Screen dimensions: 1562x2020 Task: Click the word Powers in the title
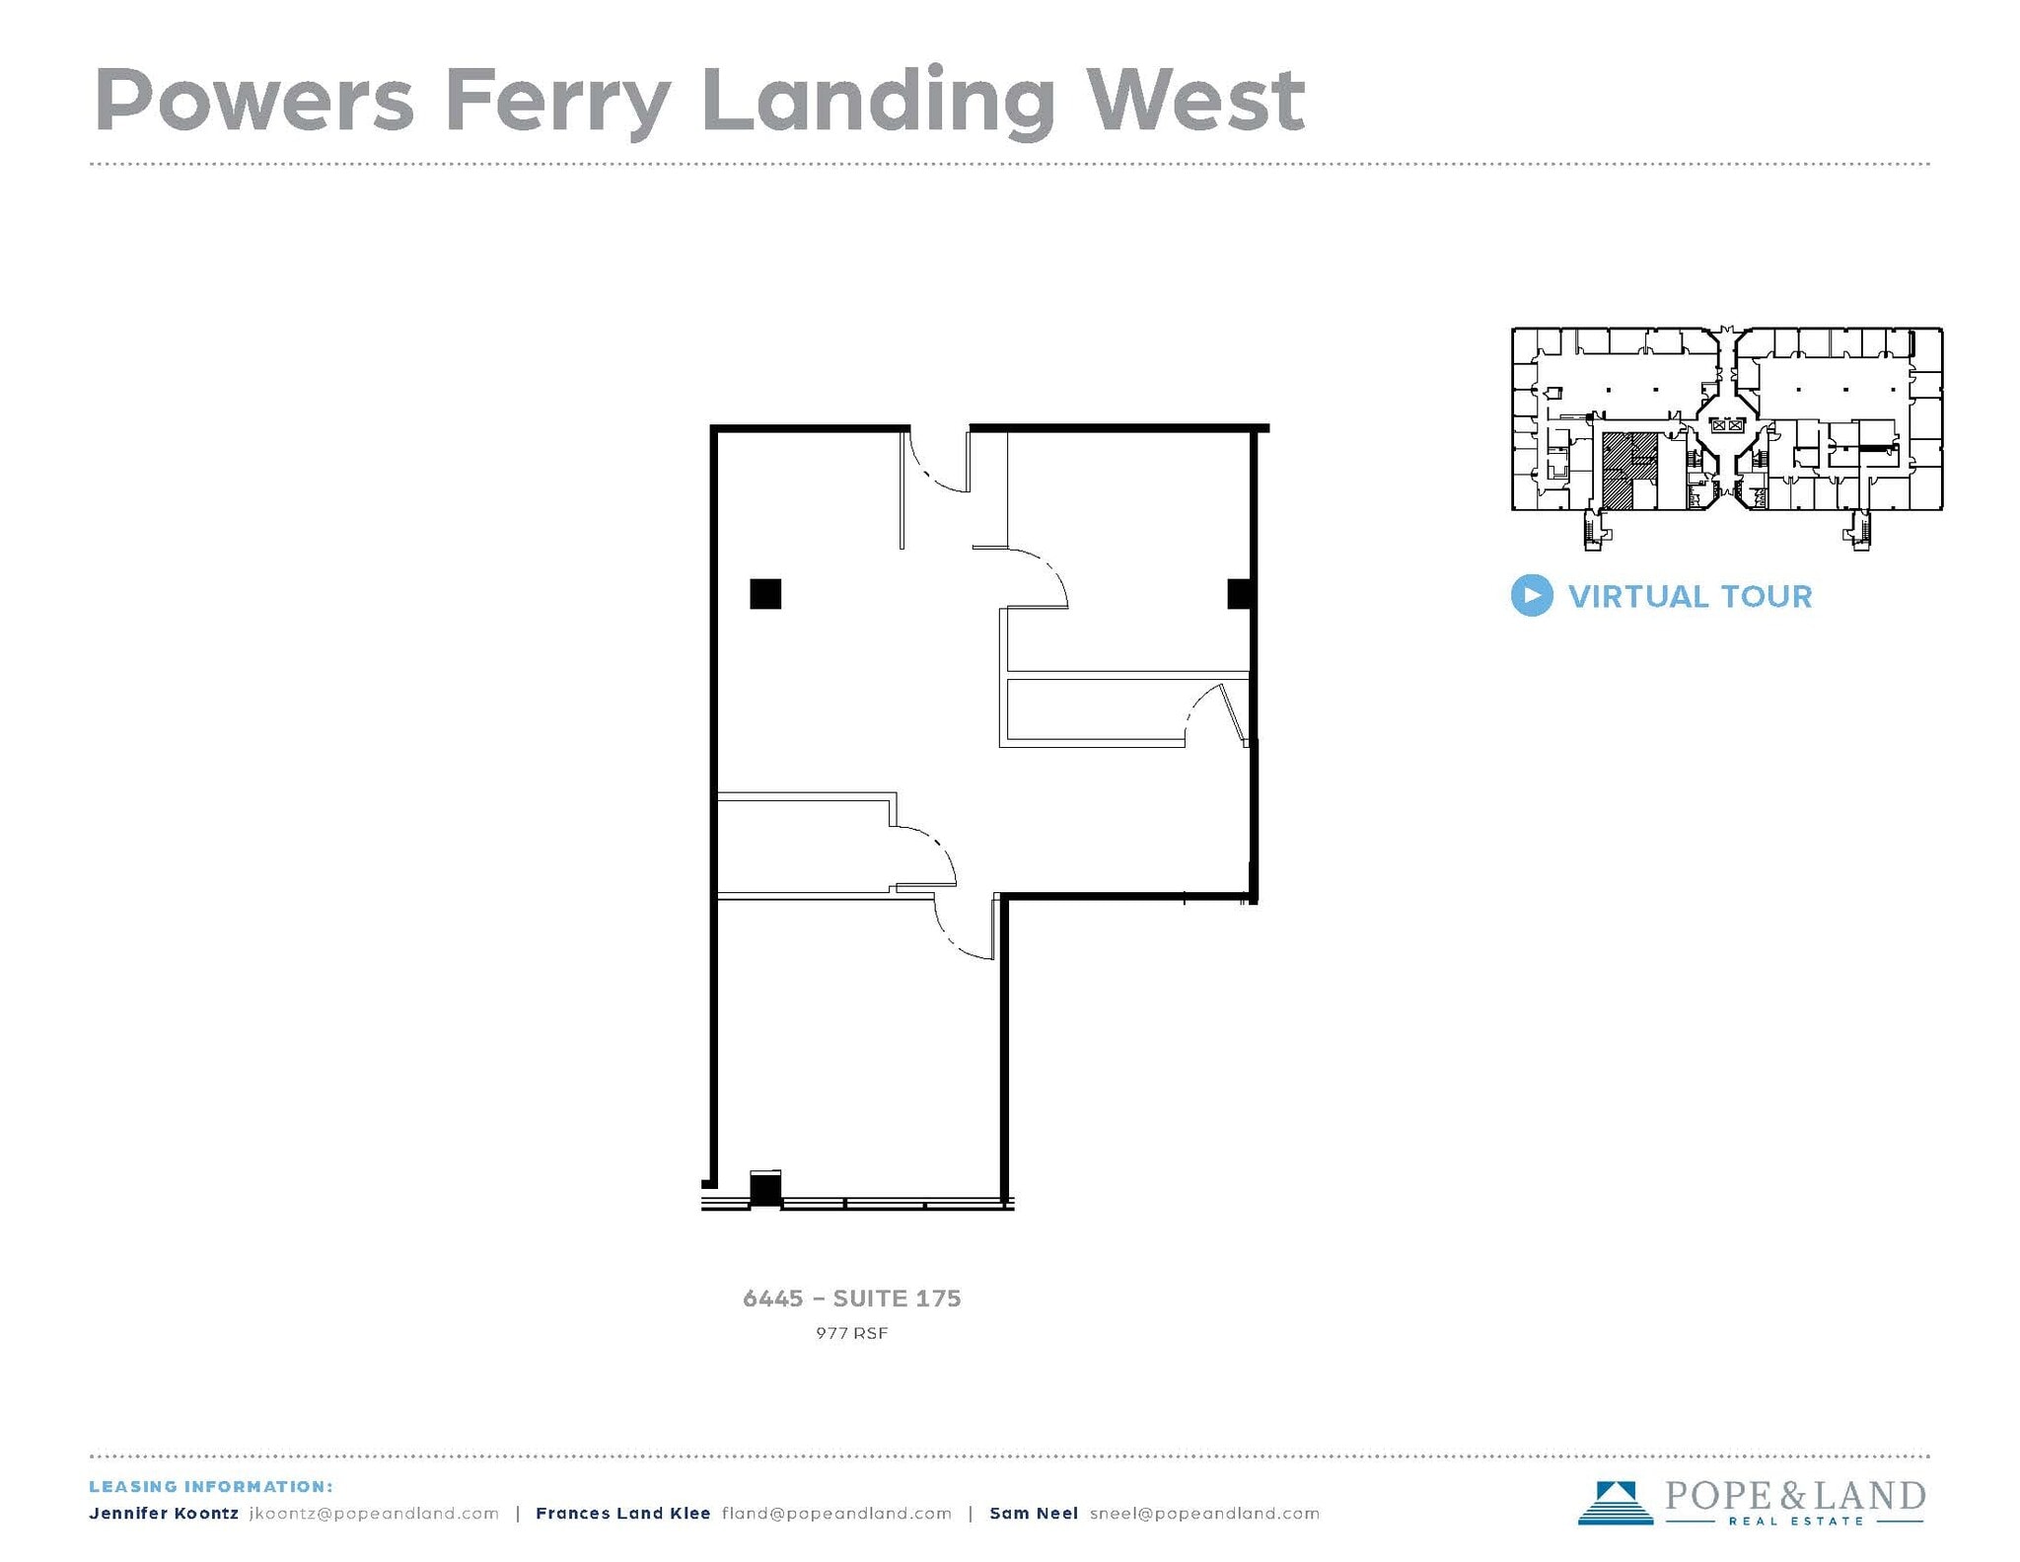(253, 101)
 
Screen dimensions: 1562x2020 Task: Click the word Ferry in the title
(558, 101)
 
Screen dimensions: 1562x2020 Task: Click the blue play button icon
(1531, 596)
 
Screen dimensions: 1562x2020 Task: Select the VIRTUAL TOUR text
(1690, 597)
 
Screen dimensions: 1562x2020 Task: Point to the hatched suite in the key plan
(1618, 472)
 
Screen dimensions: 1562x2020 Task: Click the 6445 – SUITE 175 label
(851, 1299)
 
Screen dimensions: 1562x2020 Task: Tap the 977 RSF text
(851, 1333)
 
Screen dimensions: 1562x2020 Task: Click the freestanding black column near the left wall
(765, 594)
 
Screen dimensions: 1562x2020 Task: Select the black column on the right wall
(1240, 594)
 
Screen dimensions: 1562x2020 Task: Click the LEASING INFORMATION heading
(211, 1486)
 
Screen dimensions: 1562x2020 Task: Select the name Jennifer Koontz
(164, 1514)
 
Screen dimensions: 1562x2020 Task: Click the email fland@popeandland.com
(836, 1514)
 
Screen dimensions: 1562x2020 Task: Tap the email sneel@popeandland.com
(1204, 1514)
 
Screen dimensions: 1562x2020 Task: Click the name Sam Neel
(1033, 1514)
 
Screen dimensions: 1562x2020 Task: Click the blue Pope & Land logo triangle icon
(1615, 1502)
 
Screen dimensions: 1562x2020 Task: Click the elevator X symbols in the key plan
(1727, 425)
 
